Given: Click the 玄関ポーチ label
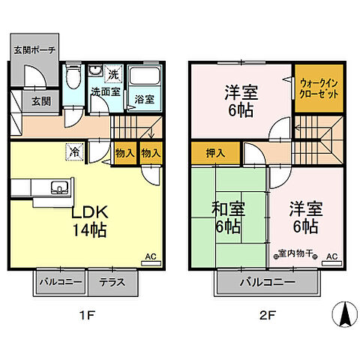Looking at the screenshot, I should coord(34,50).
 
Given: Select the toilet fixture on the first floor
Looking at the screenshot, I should coord(73,79).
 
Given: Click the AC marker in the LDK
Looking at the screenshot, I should coord(150,257).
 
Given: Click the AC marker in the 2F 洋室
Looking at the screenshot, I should coord(331,257).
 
